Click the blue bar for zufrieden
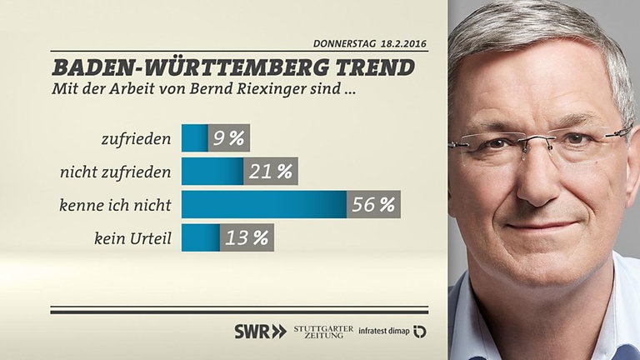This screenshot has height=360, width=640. pyautogui.click(x=194, y=138)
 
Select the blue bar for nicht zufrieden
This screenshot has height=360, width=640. pyautogui.click(x=212, y=172)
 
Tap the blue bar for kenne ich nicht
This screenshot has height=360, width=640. pyautogui.click(x=263, y=205)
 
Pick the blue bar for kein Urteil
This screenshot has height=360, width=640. pyautogui.click(x=201, y=238)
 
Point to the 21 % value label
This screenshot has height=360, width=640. pyautogui.click(x=271, y=172)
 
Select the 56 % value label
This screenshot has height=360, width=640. pyautogui.click(x=373, y=205)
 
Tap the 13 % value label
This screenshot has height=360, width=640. pyautogui.click(x=247, y=238)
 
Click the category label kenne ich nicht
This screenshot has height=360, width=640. pyautogui.click(x=117, y=205)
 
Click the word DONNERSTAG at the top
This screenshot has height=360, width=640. pyautogui.click(x=342, y=42)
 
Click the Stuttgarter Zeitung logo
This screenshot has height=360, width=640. pyautogui.click(x=323, y=331)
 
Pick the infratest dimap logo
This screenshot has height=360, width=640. pyautogui.click(x=392, y=331)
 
